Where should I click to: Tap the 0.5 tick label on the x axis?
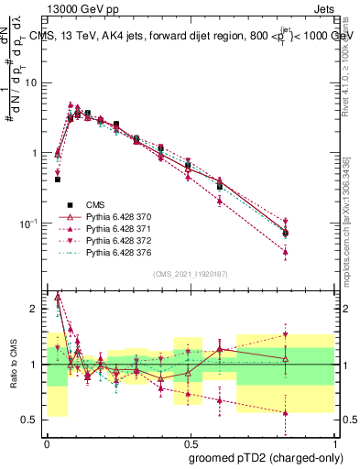pyautogui.click(x=190, y=442)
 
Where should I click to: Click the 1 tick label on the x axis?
pyautogui.click(x=333, y=442)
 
